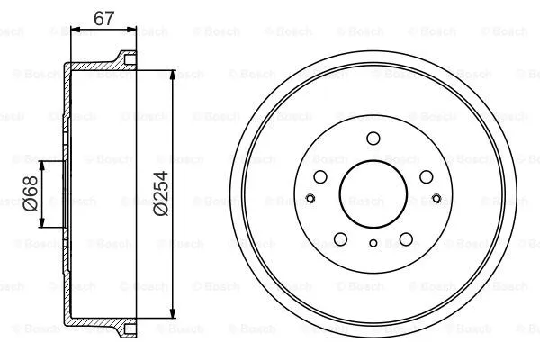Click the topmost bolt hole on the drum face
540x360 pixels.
[373, 139]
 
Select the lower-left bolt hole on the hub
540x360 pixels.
[340, 238]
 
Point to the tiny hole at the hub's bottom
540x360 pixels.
[373, 243]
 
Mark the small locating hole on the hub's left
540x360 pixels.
[309, 199]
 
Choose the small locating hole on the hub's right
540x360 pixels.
[436, 199]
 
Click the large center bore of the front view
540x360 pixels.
[373, 198]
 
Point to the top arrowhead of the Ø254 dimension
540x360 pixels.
[173, 69]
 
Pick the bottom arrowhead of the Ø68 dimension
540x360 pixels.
[41, 229]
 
